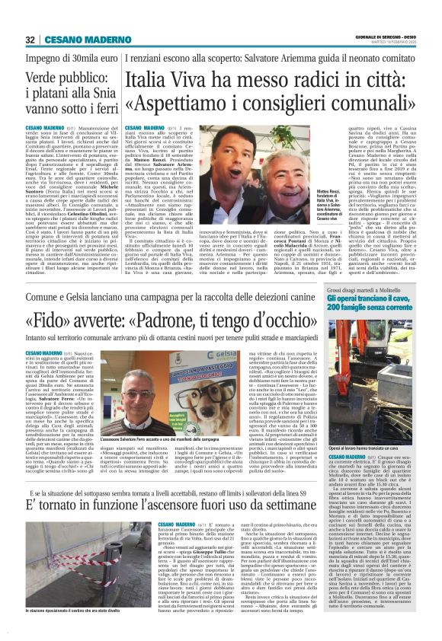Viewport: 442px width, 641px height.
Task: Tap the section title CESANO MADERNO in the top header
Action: (76, 40)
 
